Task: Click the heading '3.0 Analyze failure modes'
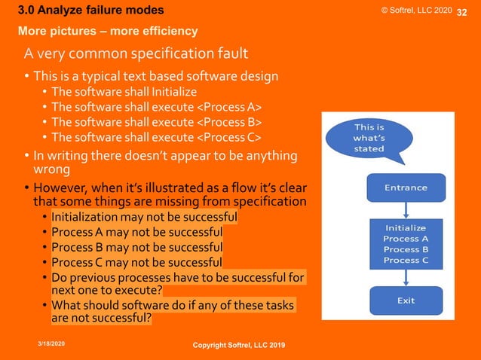coord(90,11)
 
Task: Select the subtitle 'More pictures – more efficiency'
coord(108,31)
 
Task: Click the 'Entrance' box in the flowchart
coord(406,188)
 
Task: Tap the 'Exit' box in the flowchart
coord(406,301)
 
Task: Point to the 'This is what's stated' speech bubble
coord(369,138)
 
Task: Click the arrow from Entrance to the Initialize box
coord(406,210)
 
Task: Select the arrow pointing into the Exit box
coord(406,277)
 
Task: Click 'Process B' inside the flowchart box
coord(406,249)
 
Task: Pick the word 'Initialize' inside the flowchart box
coord(406,227)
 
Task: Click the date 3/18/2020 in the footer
coord(51,342)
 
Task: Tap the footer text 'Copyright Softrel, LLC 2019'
coord(239,344)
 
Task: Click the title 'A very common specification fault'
coord(136,54)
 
